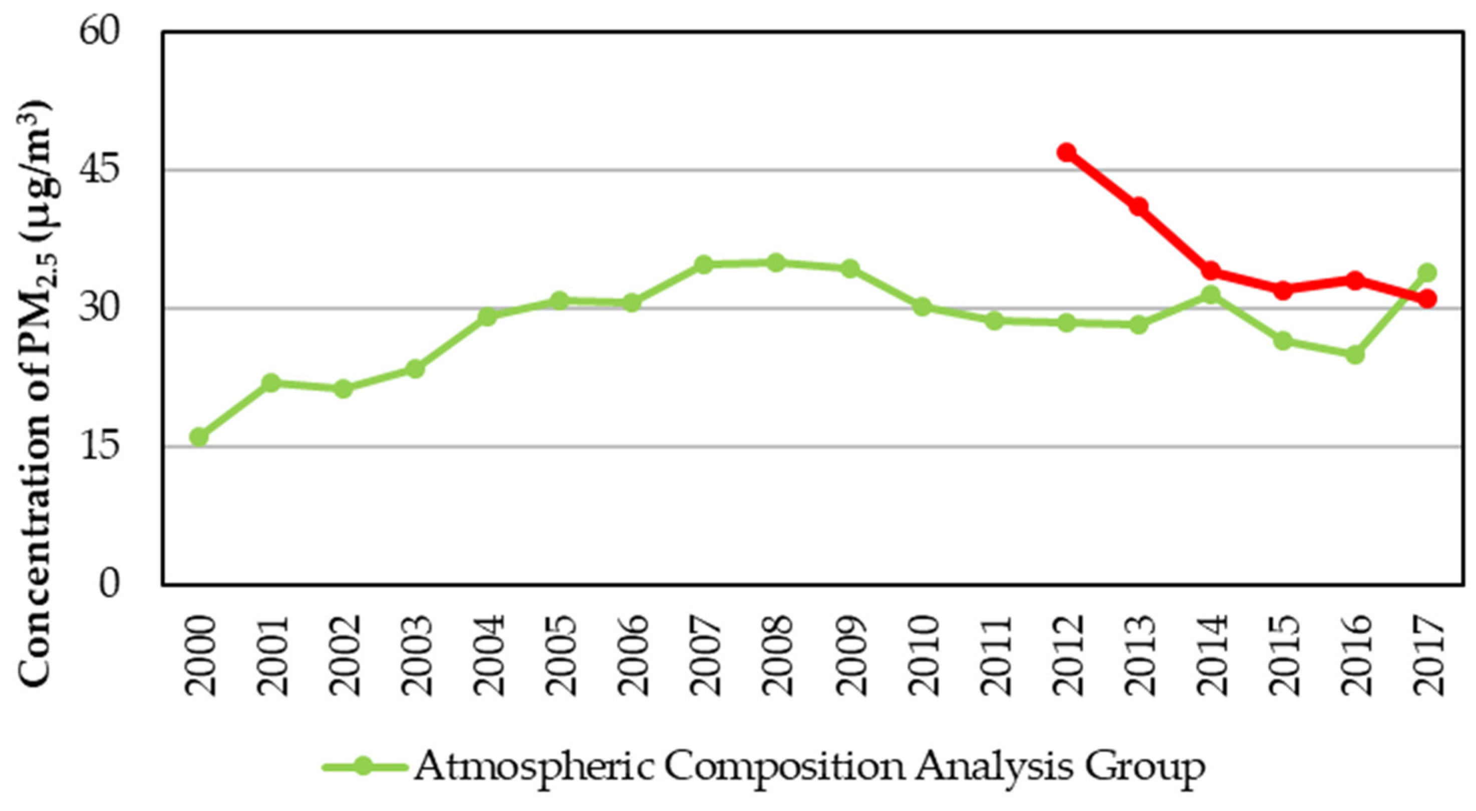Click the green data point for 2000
[x=199, y=437]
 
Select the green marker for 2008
[x=776, y=263]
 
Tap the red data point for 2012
[x=1066, y=153]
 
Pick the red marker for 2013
[x=1138, y=206]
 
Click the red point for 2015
[x=1283, y=290]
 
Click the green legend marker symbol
[x=362, y=766]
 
